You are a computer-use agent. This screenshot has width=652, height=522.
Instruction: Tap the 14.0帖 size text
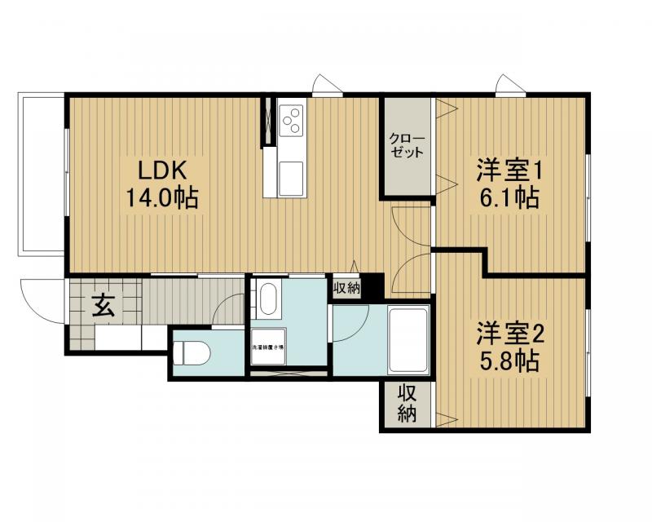tap(162, 198)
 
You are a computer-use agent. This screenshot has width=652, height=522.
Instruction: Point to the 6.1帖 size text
tap(509, 198)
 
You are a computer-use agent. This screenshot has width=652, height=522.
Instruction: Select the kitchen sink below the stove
tap(290, 174)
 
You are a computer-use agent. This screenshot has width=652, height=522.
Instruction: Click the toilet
tap(192, 352)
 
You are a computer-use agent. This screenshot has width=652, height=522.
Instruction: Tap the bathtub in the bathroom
tap(407, 338)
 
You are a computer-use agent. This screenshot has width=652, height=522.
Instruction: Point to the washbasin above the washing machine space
tap(267, 299)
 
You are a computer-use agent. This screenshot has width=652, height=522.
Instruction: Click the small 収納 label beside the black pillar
tap(346, 288)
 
